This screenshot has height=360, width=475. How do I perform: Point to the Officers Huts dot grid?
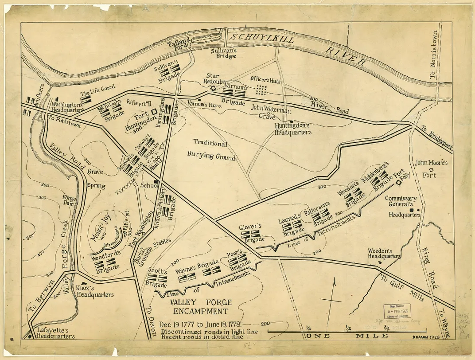coord(262,90)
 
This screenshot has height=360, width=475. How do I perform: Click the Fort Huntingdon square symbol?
coord(154,112)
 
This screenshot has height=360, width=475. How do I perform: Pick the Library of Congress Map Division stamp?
coord(397,312)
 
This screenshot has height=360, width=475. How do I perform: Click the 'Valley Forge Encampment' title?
coord(200,306)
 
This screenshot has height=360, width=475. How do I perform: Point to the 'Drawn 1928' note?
coord(426,336)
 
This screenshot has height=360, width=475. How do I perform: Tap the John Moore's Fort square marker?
coord(431,170)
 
